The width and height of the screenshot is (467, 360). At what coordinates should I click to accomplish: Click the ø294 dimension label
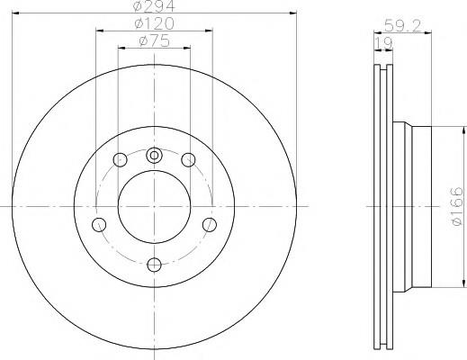pyautogui.click(x=154, y=6)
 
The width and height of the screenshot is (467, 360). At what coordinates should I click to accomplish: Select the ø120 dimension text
pyautogui.click(x=154, y=23)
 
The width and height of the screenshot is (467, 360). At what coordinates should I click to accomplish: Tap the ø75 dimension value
pyautogui.click(x=154, y=40)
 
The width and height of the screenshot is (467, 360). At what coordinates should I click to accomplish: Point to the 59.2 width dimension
pyautogui.click(x=402, y=26)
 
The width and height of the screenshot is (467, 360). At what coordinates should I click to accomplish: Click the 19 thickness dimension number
pyautogui.click(x=383, y=44)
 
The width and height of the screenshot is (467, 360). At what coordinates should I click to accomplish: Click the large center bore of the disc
pyautogui.click(x=154, y=207)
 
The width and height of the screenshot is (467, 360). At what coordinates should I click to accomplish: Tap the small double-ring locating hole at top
pyautogui.click(x=154, y=156)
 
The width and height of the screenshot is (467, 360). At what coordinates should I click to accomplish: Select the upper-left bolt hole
pyautogui.click(x=120, y=159)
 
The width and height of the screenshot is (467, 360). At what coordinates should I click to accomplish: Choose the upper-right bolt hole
pyautogui.click(x=188, y=159)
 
